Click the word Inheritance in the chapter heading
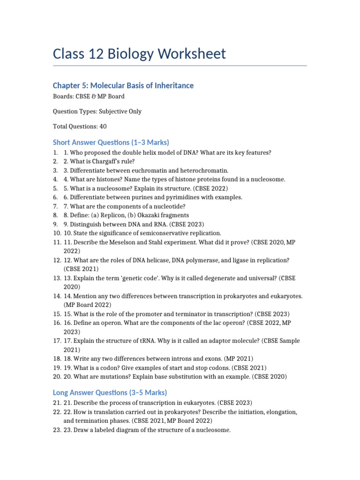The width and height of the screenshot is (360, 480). (x=171, y=85)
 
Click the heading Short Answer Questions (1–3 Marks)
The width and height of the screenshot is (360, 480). (x=111, y=142)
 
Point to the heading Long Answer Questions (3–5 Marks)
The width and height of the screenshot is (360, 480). (x=110, y=392)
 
